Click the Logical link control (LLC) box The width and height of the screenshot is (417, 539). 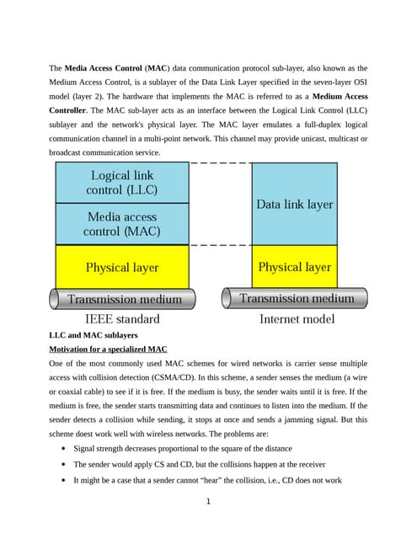tap(122, 183)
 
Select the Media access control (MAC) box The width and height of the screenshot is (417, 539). tap(122, 224)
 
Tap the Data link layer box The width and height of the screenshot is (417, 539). tap(294, 204)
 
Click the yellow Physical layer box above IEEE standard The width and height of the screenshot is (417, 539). tap(122, 267)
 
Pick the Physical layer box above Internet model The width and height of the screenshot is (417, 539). tap(294, 267)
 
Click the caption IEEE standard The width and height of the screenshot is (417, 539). tap(122, 319)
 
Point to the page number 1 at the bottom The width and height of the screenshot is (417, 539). tap(208, 502)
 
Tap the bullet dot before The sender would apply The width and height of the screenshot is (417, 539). tap(64, 465)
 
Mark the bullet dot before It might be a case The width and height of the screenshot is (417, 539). tap(64, 480)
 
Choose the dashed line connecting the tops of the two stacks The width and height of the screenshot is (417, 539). tap(221, 163)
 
